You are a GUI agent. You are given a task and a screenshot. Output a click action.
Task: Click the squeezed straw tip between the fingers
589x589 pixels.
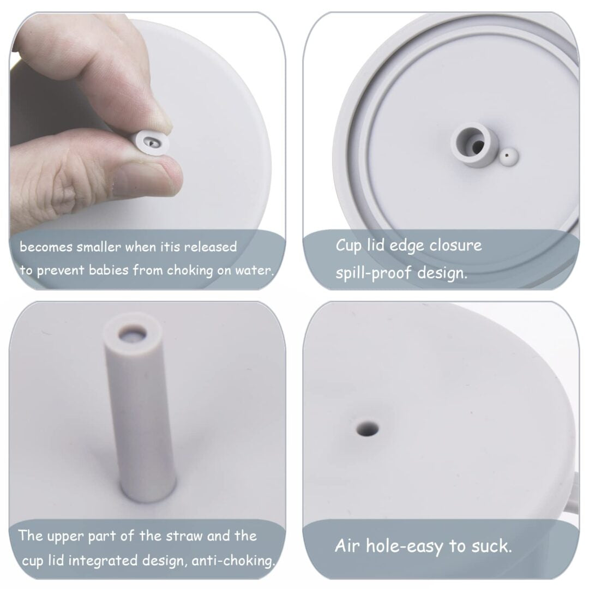pos(151,143)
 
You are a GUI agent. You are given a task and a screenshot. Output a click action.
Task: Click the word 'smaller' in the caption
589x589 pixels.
pos(99,247)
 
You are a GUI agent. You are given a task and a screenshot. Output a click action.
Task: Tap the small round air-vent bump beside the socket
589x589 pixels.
pos(509,157)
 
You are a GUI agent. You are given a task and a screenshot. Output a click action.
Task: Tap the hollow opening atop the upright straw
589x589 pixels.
pos(133,334)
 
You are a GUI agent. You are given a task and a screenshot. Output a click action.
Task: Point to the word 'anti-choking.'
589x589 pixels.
pos(233,561)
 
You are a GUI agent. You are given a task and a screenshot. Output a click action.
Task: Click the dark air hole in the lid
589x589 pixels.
pos(367,428)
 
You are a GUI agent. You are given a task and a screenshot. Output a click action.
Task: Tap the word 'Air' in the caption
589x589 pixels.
pos(347,545)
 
